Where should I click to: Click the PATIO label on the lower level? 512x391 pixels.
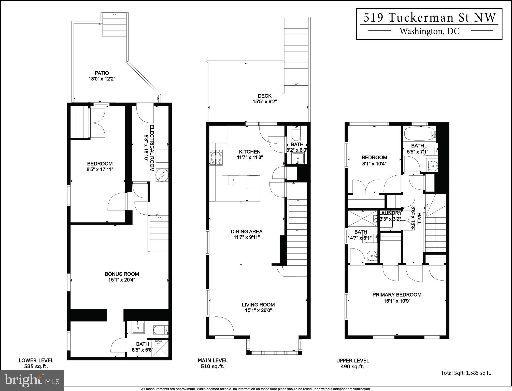pos(102,73)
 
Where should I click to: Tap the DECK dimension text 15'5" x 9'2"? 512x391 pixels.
pos(264,102)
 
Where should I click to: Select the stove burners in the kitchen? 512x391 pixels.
pos(216,157)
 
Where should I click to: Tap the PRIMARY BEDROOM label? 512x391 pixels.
pos(397,295)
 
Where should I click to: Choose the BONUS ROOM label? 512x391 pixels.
pos(122,274)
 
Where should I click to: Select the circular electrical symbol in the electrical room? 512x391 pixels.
pos(162,175)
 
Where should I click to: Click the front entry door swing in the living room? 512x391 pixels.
pos(224,326)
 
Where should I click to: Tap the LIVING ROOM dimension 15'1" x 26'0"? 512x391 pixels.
pos(258,310)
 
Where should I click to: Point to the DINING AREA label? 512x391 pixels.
pos(246,231)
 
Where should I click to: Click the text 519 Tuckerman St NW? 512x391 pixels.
pos(430,18)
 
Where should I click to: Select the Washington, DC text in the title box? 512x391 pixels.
pos(430,31)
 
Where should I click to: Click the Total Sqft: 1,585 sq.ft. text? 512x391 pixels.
pos(466,373)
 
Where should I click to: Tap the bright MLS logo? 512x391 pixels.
pos(32,380)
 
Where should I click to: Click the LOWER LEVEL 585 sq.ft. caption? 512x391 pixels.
pos(36,364)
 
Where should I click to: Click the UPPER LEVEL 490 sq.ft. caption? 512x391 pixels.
pos(352,364)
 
